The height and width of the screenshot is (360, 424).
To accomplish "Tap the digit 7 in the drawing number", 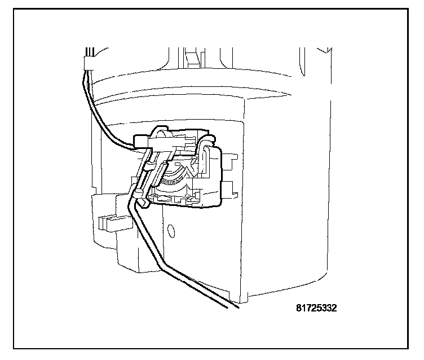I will point(308,309).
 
